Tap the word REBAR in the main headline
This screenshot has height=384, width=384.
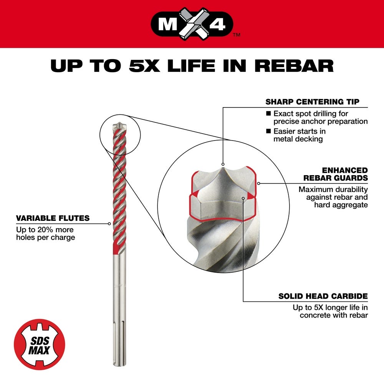click(294, 65)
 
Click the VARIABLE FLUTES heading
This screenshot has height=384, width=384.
click(53, 218)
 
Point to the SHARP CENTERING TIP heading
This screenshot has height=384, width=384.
click(312, 102)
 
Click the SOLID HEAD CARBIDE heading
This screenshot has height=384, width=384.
click(323, 296)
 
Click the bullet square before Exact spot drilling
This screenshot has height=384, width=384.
click(268, 114)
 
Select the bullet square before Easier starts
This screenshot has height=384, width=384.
click(268, 131)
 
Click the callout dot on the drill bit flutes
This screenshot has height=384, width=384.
click(109, 223)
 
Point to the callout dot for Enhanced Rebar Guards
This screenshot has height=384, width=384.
click(259, 183)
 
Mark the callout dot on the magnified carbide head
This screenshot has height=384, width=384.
click(243, 198)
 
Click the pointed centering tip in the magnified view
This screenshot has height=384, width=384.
click(223, 166)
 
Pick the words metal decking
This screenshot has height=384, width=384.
click(298, 139)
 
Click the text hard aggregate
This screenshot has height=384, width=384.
click(341, 205)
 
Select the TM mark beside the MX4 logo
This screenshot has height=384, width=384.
click(237, 35)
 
